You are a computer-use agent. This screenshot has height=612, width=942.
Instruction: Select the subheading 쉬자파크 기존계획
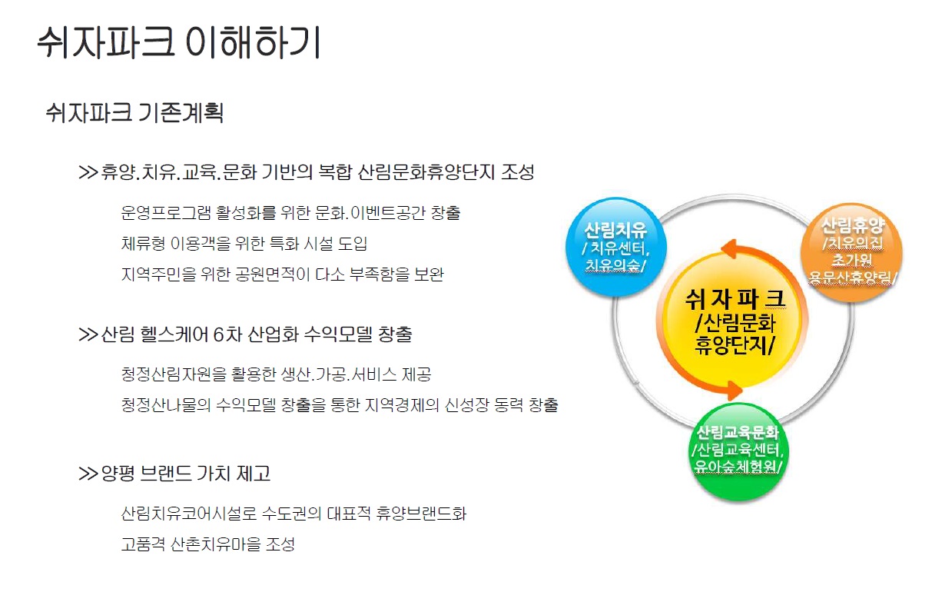pos(135,114)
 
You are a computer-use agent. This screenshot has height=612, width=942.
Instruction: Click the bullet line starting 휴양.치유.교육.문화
pos(307,171)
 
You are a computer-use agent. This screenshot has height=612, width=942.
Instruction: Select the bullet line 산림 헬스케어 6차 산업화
pos(246,334)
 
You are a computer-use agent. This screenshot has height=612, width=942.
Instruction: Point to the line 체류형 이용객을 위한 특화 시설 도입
pos(244,244)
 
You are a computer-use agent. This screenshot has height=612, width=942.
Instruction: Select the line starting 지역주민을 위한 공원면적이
pos(282,274)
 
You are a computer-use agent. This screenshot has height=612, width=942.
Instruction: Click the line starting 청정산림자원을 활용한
pos(276,374)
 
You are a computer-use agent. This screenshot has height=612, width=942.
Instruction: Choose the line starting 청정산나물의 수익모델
pos(339,405)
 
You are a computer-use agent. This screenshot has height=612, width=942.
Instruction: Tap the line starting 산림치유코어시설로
pos(294,513)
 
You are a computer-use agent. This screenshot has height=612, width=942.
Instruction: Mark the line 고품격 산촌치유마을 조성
pos(207,544)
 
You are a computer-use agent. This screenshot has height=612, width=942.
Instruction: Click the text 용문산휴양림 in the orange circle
pos(853,277)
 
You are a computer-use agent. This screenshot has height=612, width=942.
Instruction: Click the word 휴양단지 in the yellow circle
pos(734,344)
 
